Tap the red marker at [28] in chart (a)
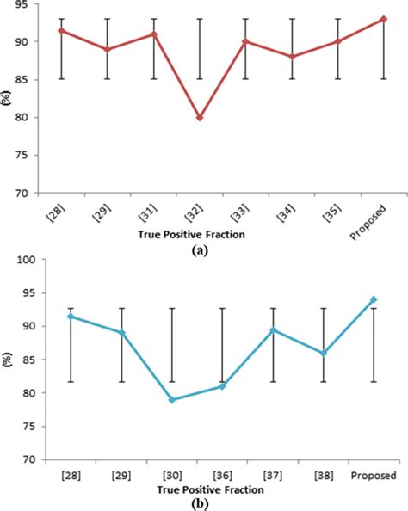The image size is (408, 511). [60, 30]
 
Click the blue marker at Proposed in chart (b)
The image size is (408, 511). [373, 299]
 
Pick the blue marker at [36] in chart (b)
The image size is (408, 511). [224, 386]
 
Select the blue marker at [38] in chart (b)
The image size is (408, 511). [324, 354]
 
